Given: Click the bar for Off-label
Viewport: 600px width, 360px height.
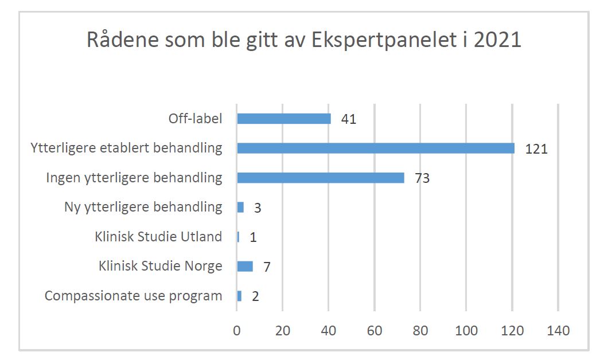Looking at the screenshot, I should (284, 119).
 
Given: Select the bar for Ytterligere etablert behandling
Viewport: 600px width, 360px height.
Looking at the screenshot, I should (376, 148).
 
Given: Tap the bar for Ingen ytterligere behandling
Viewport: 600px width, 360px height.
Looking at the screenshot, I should (321, 178).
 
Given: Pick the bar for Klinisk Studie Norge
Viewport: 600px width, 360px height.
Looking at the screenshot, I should (245, 266).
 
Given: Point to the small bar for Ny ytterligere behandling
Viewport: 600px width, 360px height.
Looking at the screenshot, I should (240, 207).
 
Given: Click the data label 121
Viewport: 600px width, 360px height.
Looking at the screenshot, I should (537, 149).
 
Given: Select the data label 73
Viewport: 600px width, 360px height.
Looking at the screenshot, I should (422, 178).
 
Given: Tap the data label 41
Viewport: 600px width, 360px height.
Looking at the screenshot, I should (348, 119).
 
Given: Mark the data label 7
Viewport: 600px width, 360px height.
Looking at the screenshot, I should (267, 267).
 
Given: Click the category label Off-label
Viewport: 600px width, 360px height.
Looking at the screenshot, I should (195, 119).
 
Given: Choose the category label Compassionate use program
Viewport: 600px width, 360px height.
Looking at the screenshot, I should (133, 296).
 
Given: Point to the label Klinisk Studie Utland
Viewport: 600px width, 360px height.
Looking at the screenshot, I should (158, 237).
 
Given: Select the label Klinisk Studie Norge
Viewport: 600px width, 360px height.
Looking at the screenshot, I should (160, 266).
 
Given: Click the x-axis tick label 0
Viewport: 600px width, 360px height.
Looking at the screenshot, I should (237, 331).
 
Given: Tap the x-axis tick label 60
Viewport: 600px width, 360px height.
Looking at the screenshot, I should (375, 331).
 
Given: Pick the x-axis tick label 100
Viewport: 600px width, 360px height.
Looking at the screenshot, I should (466, 331).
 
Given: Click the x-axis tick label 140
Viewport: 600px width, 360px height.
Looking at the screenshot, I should (558, 331).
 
